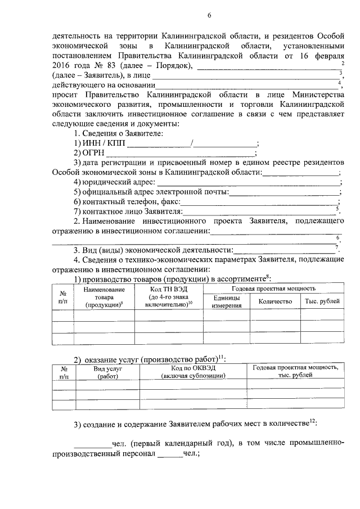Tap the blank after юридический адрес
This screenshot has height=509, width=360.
247,182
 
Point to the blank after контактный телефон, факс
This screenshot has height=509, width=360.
259,202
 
